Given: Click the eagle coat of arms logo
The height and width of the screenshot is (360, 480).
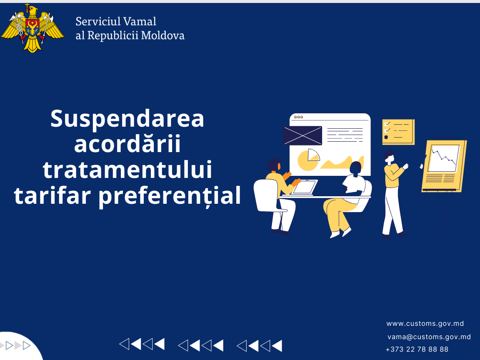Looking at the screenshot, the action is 32,28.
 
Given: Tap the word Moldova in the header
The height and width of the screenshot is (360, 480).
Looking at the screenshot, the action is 162,35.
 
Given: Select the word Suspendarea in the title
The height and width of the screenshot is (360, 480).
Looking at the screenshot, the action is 127,119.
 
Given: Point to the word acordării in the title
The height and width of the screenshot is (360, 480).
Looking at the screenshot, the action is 127,144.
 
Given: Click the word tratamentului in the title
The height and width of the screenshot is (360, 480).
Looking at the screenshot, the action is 127,170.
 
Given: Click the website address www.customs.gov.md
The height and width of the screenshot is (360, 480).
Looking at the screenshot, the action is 425,324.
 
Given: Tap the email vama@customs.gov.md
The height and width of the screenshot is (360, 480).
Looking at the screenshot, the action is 429,337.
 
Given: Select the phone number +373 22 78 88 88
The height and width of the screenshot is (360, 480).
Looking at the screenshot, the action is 417,349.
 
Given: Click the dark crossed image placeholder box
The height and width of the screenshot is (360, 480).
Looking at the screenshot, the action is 302,135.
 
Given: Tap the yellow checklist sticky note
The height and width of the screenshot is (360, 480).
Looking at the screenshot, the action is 398,132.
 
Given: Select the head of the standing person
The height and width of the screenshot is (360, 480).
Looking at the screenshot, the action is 389,157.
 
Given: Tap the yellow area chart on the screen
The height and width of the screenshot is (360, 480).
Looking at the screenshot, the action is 342,162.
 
